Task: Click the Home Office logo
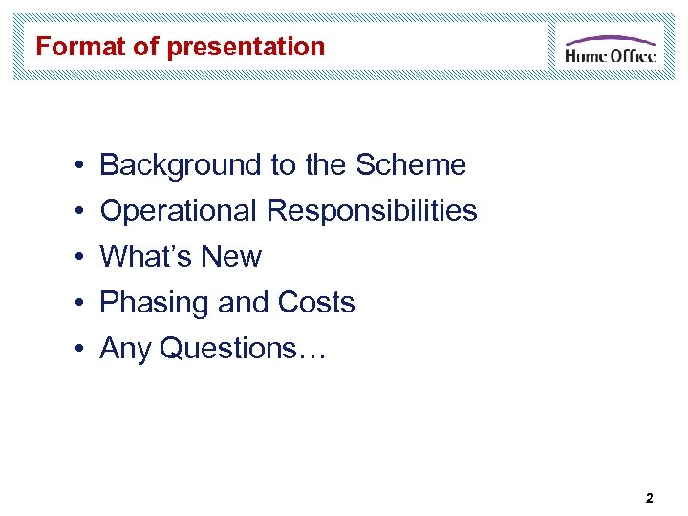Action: pyautogui.click(x=610, y=49)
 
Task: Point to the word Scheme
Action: pyautogui.click(x=410, y=165)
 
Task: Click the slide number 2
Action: pyautogui.click(x=650, y=498)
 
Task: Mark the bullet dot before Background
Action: pyautogui.click(x=75, y=166)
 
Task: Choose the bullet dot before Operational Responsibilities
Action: pyautogui.click(x=75, y=212)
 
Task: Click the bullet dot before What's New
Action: pyautogui.click(x=75, y=258)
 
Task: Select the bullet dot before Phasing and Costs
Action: pyautogui.click(x=75, y=304)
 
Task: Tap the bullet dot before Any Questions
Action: pyautogui.click(x=75, y=350)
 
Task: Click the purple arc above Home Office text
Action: pyautogui.click(x=610, y=40)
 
